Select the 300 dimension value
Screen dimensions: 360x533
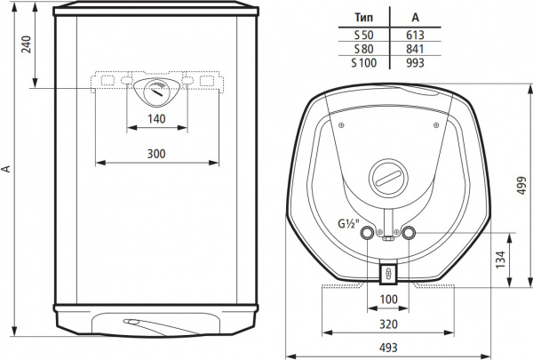click(x=156, y=154)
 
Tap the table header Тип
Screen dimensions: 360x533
click(x=362, y=17)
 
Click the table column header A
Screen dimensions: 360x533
click(x=414, y=17)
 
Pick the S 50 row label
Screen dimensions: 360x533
click(x=362, y=34)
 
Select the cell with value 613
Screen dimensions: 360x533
click(x=414, y=34)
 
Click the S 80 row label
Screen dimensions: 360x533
click(x=362, y=49)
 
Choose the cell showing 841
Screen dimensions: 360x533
click(x=414, y=49)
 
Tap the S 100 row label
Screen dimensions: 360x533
click(x=362, y=63)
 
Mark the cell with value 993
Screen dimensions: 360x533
click(x=414, y=63)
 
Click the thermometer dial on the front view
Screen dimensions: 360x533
click(x=156, y=92)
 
